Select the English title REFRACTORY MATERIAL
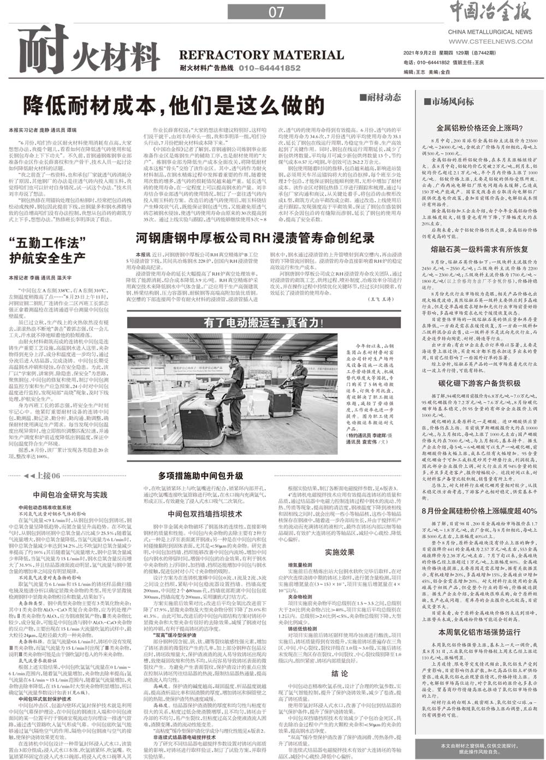[262, 55]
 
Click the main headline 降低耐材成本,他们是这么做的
[174, 105]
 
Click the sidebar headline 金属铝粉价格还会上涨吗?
[480, 129]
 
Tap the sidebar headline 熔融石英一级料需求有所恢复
[480, 249]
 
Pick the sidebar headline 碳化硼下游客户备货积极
[480, 383]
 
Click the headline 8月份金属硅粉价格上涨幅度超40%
[480, 511]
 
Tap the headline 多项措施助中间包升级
[200, 476]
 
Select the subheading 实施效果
[340, 552]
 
